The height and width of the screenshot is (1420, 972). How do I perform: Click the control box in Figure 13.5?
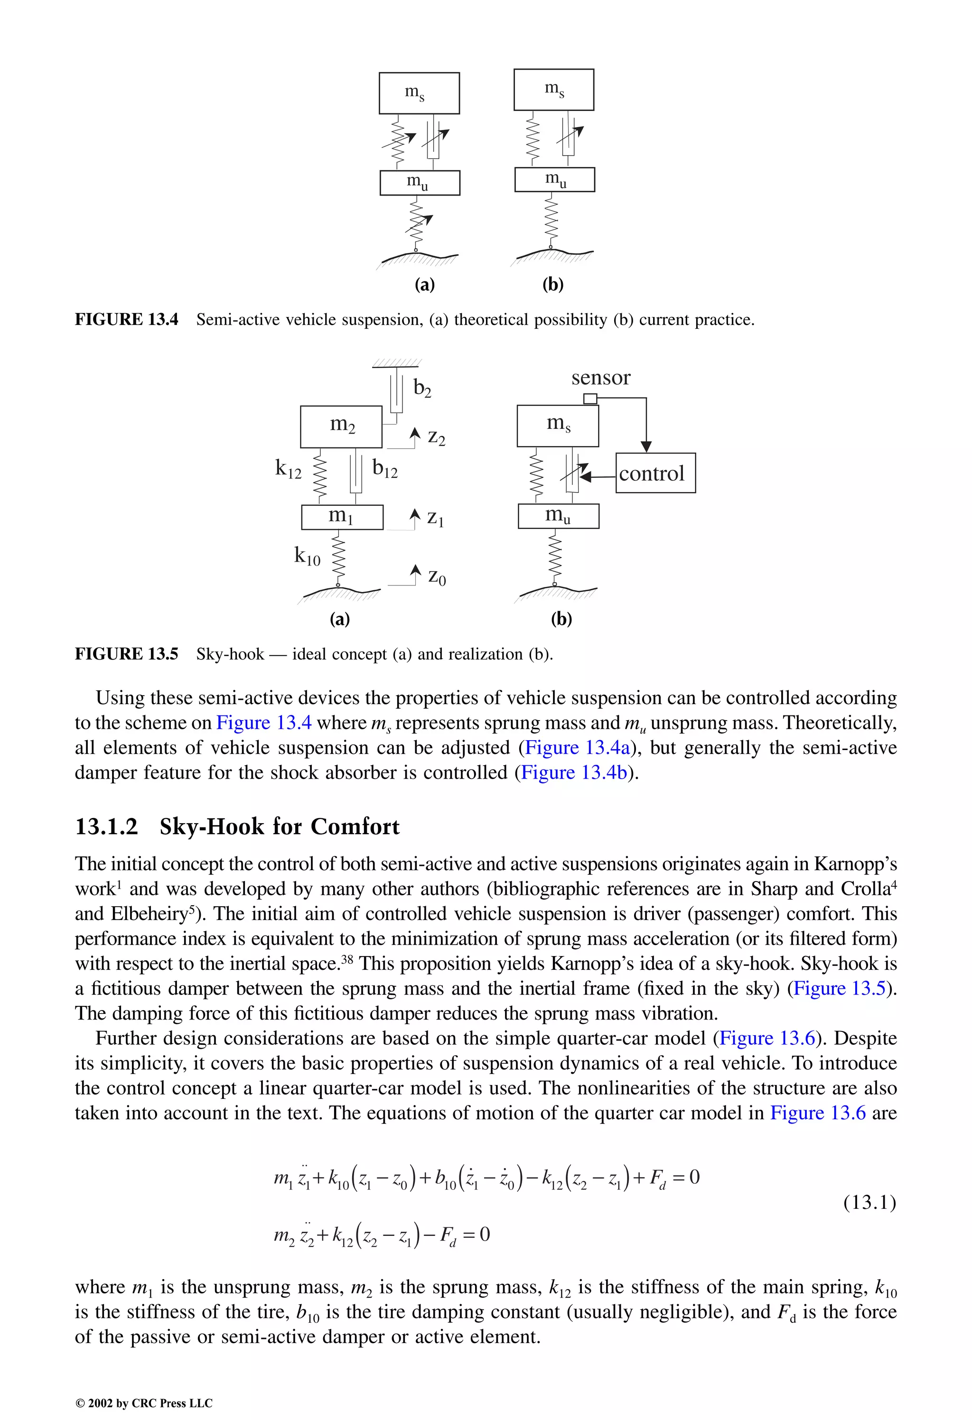[655, 473]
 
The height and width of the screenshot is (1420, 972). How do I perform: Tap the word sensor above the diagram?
[600, 378]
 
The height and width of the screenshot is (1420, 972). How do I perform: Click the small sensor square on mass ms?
[590, 399]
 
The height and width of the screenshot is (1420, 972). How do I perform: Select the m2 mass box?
[341, 427]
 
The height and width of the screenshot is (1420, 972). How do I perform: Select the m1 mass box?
[342, 517]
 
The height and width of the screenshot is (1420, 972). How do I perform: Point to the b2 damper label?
[422, 388]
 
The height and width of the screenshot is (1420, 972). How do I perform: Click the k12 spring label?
[288, 469]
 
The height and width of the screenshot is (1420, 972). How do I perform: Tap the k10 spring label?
[307, 556]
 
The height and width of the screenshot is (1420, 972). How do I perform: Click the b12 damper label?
[384, 469]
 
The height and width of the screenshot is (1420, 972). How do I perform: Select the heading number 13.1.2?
[106, 826]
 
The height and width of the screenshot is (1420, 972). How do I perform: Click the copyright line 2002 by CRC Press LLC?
[144, 1403]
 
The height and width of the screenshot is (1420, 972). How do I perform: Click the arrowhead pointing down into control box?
[646, 446]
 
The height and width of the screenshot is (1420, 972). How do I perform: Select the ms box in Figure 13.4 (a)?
[419, 93]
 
